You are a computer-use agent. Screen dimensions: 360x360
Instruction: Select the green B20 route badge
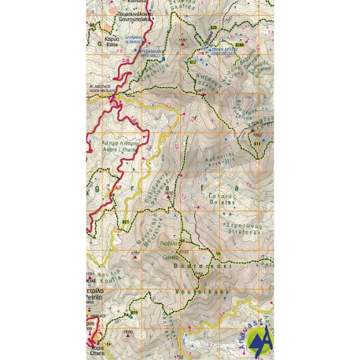[x=213, y=28]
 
